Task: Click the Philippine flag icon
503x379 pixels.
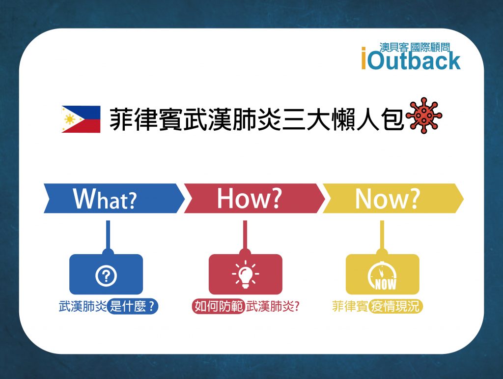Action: point(81,119)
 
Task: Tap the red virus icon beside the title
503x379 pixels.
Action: point(424,116)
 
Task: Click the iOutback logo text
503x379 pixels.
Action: point(411,60)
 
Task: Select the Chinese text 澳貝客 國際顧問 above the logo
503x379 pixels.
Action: point(415,48)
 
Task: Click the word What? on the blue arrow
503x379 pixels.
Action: point(105,199)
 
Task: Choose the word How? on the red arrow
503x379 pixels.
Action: point(249,198)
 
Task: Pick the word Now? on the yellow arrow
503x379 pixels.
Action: point(387,199)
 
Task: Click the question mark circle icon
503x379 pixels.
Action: point(106,276)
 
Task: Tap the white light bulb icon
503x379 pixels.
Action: point(246,274)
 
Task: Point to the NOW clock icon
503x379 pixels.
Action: point(382,276)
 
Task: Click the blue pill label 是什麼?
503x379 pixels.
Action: point(133,306)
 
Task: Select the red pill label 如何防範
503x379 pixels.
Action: point(219,306)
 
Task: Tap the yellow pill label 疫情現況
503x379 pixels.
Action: point(395,306)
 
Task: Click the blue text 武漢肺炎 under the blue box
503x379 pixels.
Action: point(83,306)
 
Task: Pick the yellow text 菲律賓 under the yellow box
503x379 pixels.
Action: point(350,306)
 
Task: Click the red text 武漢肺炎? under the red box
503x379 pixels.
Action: point(273,306)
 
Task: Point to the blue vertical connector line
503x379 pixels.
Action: point(108,235)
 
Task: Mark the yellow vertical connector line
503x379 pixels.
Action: point(382,235)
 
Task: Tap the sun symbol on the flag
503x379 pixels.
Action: point(70,119)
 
